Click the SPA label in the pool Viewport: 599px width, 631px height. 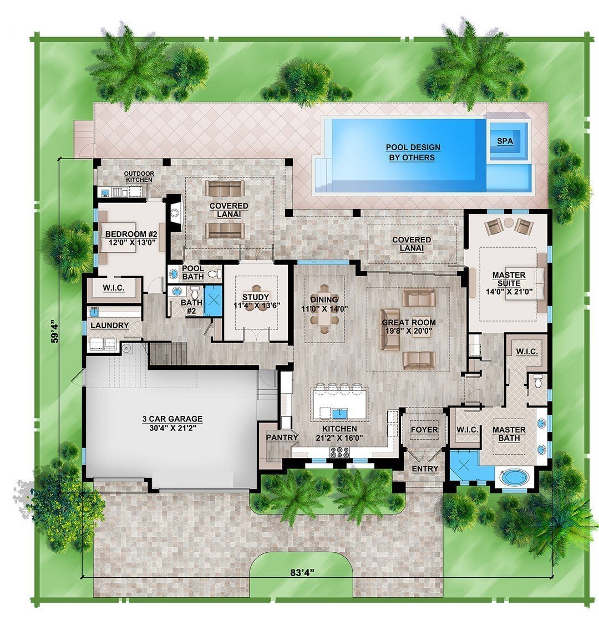coord(505,141)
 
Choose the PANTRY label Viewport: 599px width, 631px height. coord(282,437)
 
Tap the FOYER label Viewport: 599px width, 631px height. coord(424,430)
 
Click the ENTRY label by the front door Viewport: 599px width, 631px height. coord(425,469)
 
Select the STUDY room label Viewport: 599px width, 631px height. coord(256,297)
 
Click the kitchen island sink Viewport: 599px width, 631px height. coord(339,413)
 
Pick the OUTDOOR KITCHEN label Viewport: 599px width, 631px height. coord(139,176)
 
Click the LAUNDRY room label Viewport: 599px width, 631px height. coord(110,325)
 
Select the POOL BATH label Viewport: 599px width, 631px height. coord(194,272)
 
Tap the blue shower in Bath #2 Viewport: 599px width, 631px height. coord(213,301)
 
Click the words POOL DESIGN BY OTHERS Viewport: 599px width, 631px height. coord(413,152)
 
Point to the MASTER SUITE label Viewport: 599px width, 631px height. coord(509,279)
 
